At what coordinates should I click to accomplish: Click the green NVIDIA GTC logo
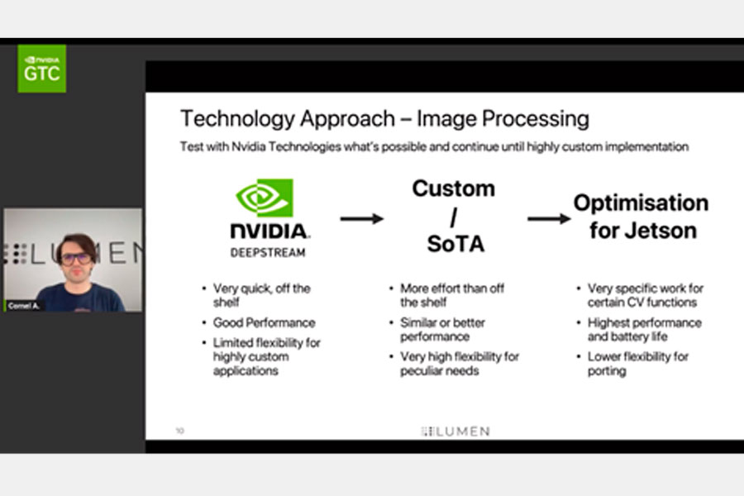[x=42, y=69]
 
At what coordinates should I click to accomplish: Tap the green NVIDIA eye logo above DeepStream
[x=265, y=198]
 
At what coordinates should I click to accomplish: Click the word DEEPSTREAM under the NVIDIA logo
[x=268, y=252]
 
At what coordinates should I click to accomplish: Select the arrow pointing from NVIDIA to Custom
[x=361, y=219]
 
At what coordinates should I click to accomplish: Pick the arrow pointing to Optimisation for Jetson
[x=549, y=219]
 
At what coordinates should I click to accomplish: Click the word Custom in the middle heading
[x=454, y=188]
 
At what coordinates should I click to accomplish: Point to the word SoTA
[x=455, y=244]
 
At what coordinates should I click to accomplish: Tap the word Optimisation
[x=641, y=203]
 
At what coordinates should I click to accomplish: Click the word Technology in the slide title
[x=237, y=119]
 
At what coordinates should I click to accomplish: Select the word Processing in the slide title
[x=536, y=119]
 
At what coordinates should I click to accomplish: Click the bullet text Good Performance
[x=264, y=322]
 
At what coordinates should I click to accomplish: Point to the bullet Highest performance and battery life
[x=644, y=329]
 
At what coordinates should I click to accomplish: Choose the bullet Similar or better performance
[x=442, y=329]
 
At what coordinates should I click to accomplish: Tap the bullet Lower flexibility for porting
[x=637, y=364]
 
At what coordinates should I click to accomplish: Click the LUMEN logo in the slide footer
[x=455, y=431]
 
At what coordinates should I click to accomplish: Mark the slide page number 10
[x=180, y=431]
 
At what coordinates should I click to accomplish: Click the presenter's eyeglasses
[x=76, y=259]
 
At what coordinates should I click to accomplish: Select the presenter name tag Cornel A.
[x=23, y=306]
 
